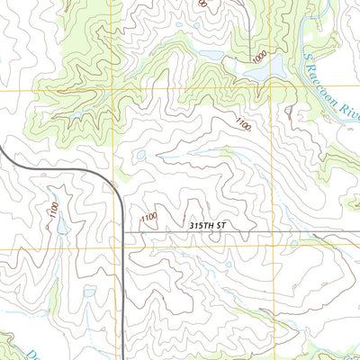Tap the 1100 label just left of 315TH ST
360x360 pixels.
tap(149, 217)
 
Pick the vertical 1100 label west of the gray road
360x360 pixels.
tap(53, 212)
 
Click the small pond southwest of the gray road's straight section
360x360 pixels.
tap(89, 291)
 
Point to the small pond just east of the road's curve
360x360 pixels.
tap(139, 156)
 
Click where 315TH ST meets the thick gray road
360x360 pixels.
tap(122, 232)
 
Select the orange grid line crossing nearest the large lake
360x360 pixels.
tap(270, 90)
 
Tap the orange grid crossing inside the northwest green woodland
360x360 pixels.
tap(112, 90)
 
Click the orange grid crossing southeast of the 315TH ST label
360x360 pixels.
tap(270, 248)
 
